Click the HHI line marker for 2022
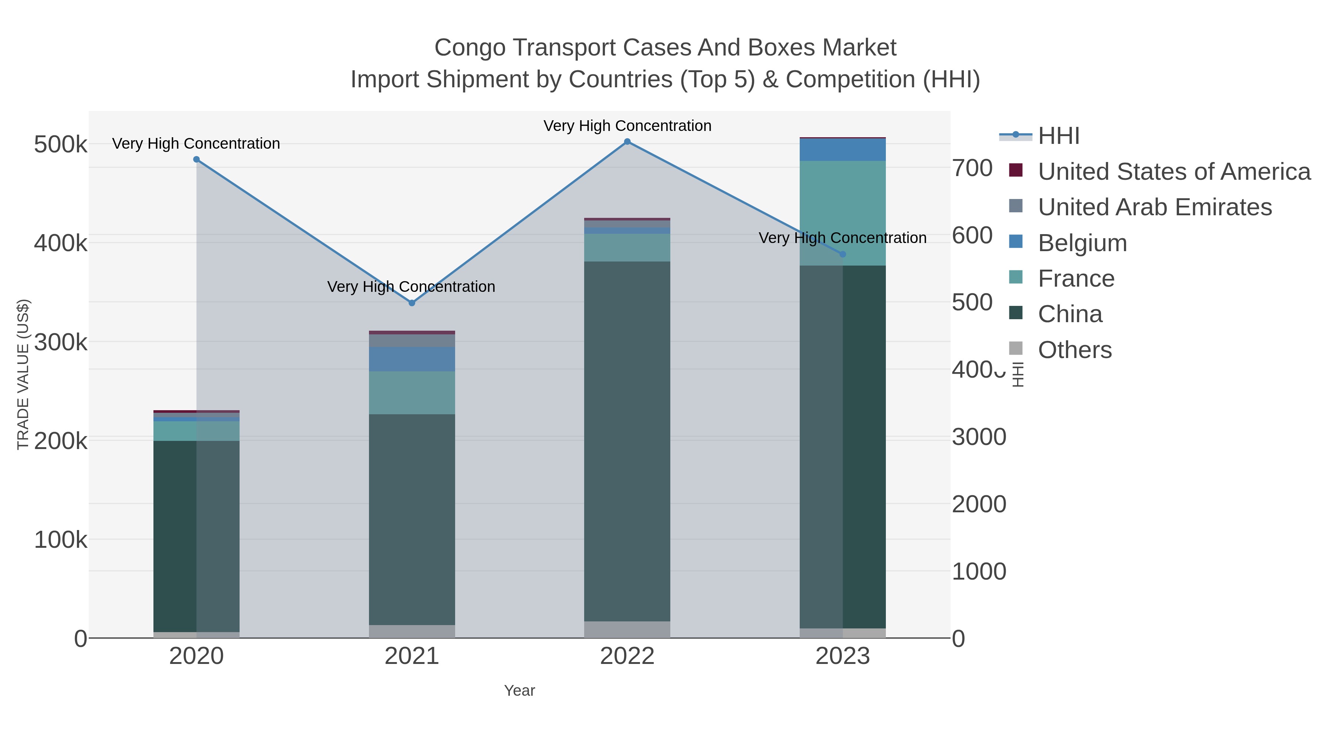627,142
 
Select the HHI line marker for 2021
412,303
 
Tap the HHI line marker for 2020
196,160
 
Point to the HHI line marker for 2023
843,254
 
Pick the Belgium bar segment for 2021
412,359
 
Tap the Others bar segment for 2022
627,629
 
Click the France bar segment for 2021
412,392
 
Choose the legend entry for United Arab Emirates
1154,207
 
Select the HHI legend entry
1058,136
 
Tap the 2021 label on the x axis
412,656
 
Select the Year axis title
519,691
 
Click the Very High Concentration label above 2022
627,126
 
